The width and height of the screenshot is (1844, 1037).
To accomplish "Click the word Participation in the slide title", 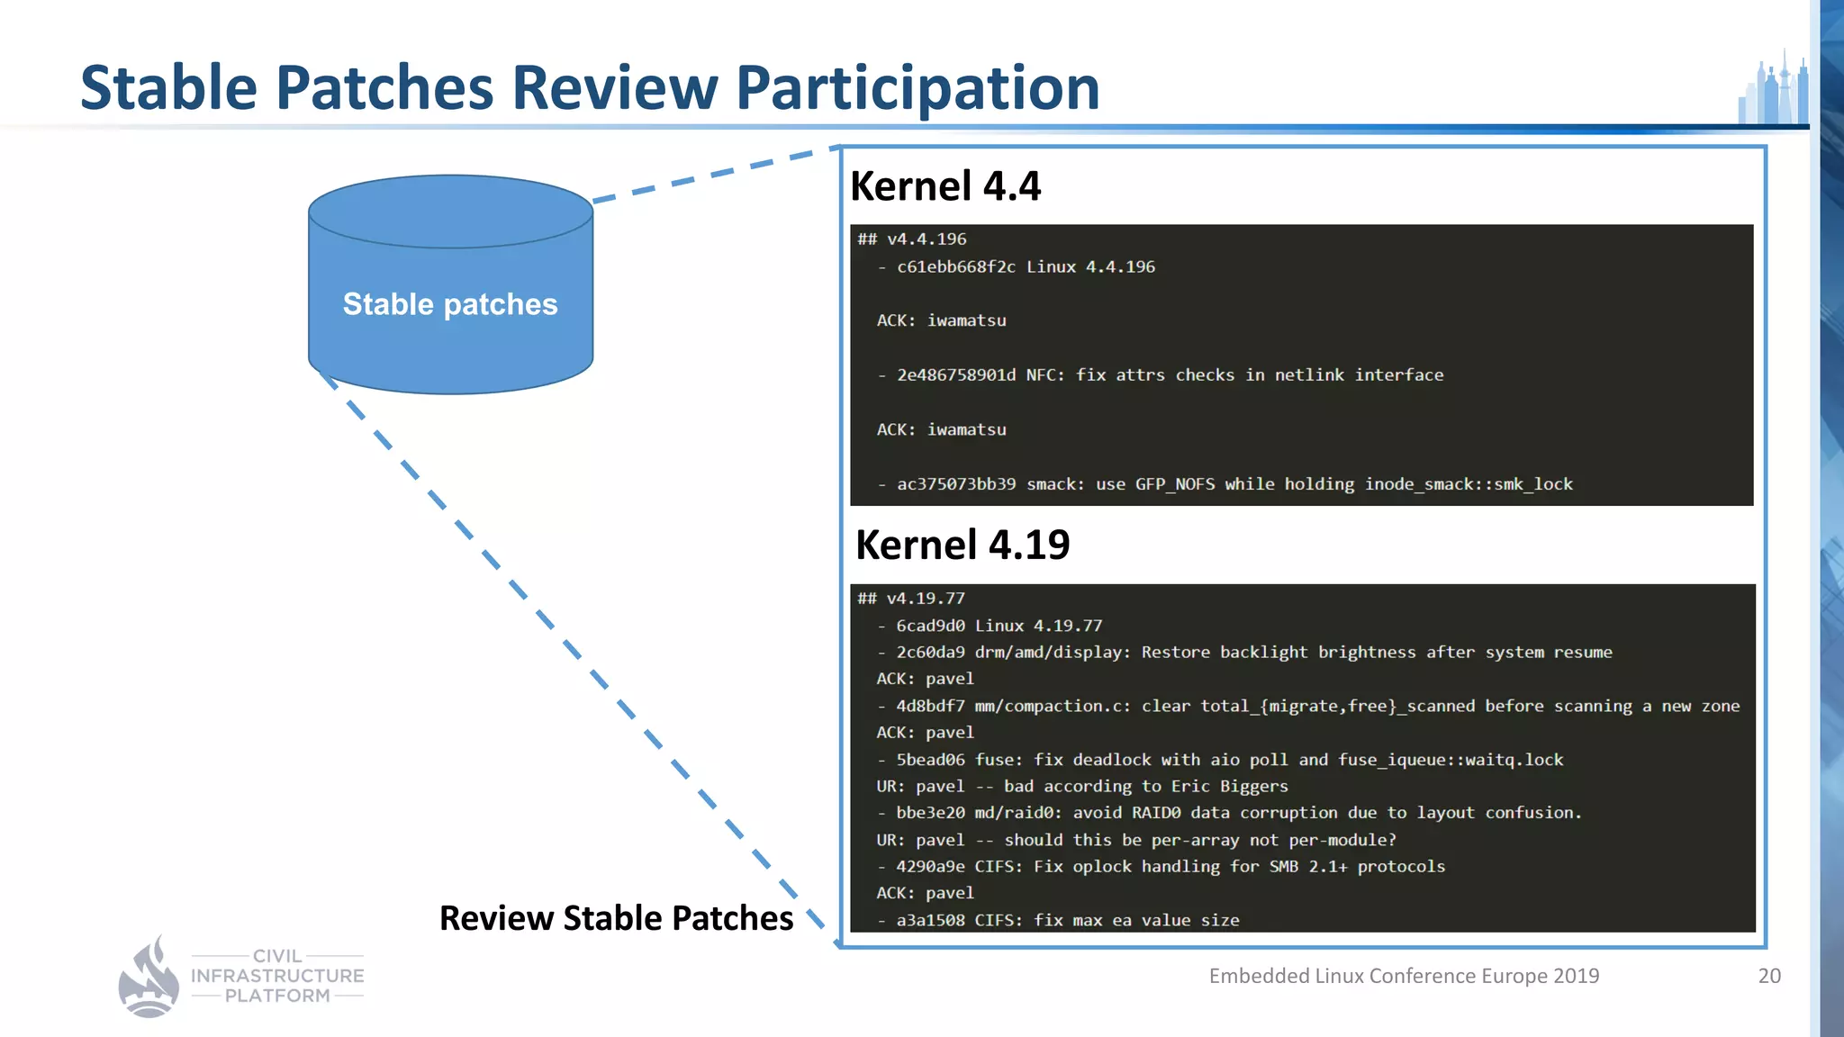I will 917,88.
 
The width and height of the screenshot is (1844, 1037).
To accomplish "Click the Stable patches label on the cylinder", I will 450,304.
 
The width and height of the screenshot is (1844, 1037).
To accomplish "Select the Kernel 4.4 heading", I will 945,186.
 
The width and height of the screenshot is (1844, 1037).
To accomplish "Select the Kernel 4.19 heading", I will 963,545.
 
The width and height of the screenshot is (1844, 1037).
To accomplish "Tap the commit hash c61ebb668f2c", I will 955,266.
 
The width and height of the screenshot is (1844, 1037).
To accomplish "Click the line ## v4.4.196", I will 912,239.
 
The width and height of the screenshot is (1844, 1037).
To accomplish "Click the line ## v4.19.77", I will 911,598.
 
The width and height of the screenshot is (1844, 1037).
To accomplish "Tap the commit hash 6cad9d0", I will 930,626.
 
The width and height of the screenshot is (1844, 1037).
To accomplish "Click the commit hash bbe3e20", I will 930,813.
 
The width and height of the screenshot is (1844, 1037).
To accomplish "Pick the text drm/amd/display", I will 1052,652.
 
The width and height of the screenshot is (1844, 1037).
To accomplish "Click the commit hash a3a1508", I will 930,920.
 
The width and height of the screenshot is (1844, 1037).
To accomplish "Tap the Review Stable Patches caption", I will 616,918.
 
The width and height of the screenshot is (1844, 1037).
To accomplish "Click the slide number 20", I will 1769,976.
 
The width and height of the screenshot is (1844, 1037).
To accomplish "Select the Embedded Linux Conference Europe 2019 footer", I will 1404,976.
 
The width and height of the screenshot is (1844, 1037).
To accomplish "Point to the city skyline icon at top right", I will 1773,90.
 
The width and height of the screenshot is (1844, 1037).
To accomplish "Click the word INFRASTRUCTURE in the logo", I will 277,976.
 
